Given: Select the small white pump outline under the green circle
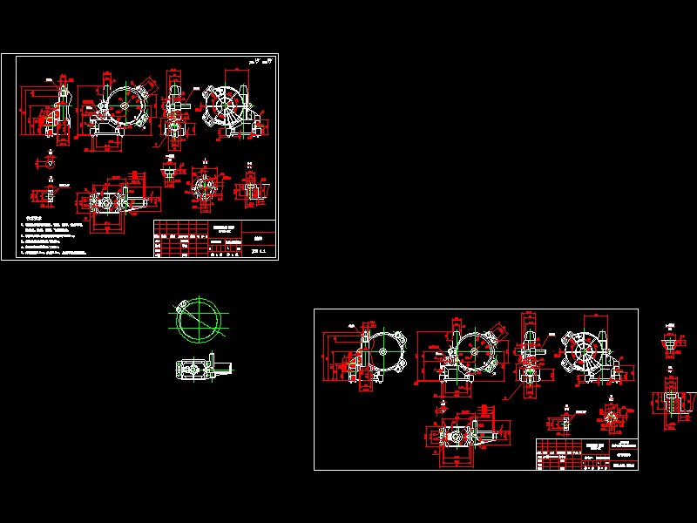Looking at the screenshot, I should [200, 370].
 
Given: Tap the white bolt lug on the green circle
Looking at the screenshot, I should [180, 306].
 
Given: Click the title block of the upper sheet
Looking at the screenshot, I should [214, 239].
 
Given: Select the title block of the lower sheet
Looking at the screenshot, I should [586, 453].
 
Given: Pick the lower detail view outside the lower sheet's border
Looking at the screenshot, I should [669, 403].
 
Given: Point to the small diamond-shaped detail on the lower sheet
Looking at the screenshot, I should [611, 417].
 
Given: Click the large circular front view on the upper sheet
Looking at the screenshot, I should [122, 109].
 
